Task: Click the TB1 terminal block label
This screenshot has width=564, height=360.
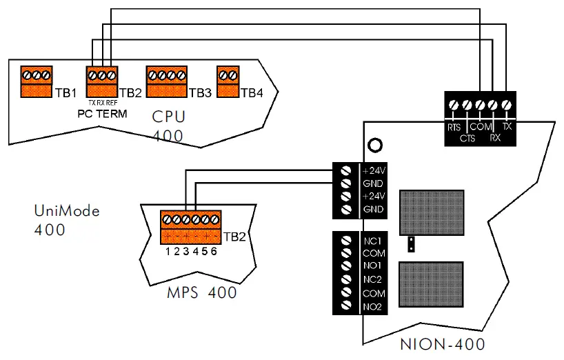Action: click(x=66, y=92)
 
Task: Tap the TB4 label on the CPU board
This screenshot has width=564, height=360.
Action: click(x=252, y=92)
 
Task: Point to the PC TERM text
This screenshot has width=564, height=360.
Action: click(x=102, y=113)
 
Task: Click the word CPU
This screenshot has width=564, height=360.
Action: click(x=168, y=117)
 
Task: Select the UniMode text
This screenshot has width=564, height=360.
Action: click(x=67, y=211)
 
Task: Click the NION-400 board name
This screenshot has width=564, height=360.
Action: click(x=441, y=344)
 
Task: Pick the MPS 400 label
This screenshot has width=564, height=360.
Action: click(x=202, y=292)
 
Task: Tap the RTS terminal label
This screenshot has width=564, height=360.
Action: click(x=453, y=127)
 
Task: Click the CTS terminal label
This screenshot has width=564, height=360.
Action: click(x=467, y=138)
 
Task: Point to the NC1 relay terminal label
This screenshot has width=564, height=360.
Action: click(x=372, y=241)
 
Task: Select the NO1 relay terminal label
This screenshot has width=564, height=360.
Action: click(x=372, y=266)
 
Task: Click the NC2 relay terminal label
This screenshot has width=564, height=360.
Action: click(x=372, y=279)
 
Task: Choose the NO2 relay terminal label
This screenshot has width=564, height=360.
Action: click(x=372, y=306)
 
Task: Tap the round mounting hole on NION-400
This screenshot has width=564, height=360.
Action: click(x=376, y=146)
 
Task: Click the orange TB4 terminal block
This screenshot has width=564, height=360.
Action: click(x=228, y=81)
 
